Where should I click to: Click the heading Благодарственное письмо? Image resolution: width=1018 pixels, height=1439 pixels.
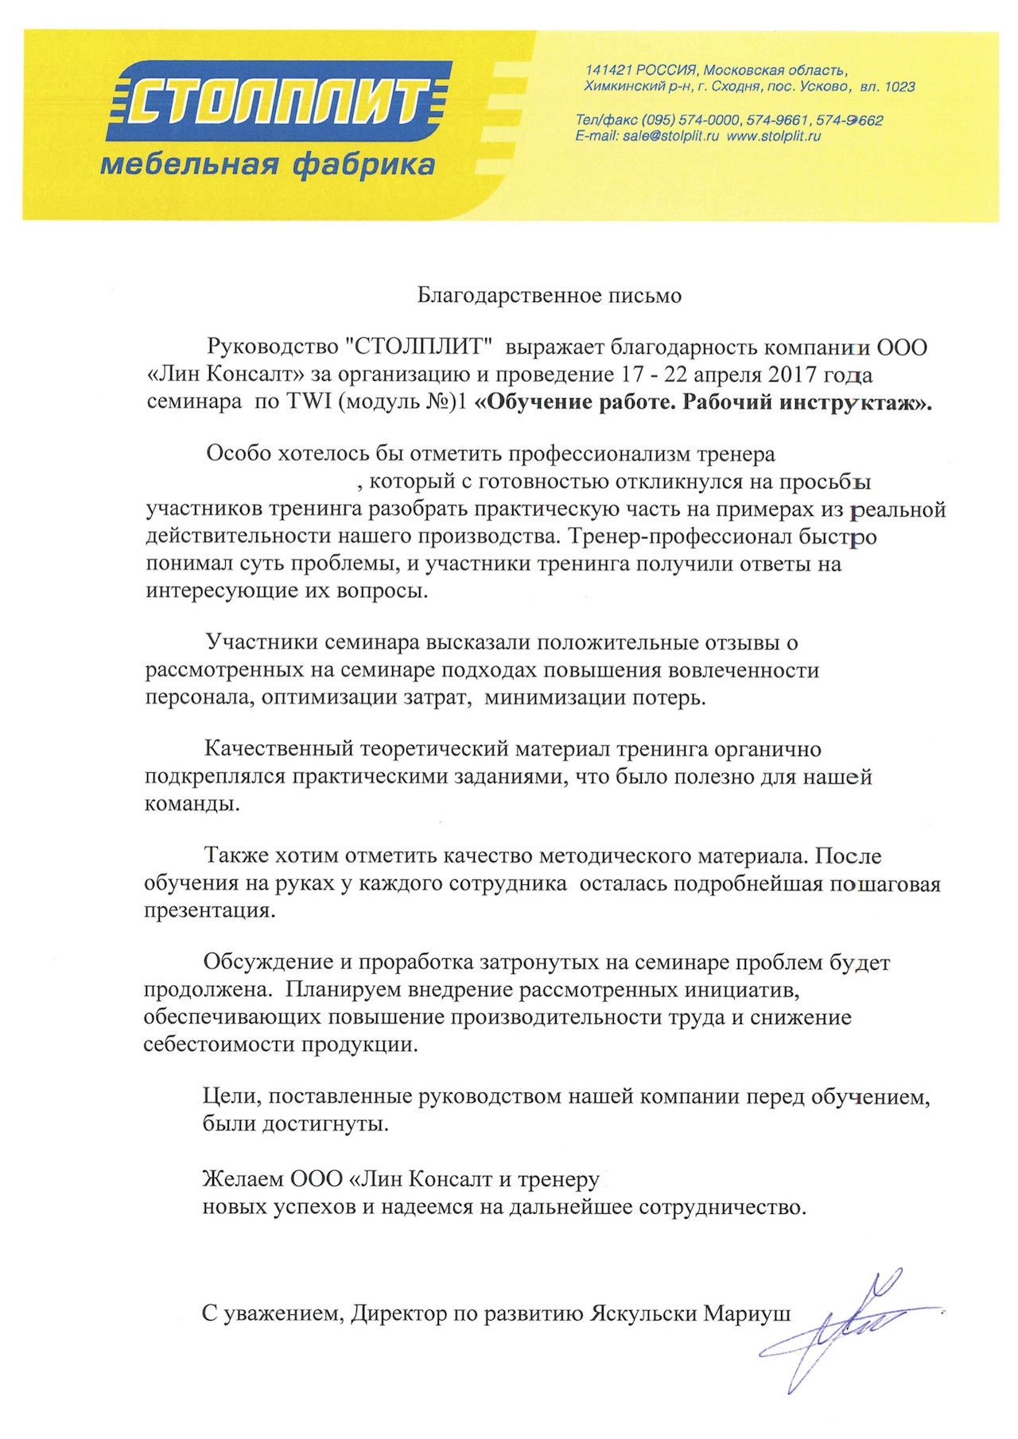click(550, 296)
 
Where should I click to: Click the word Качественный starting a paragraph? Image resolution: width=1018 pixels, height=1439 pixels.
click(278, 749)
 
